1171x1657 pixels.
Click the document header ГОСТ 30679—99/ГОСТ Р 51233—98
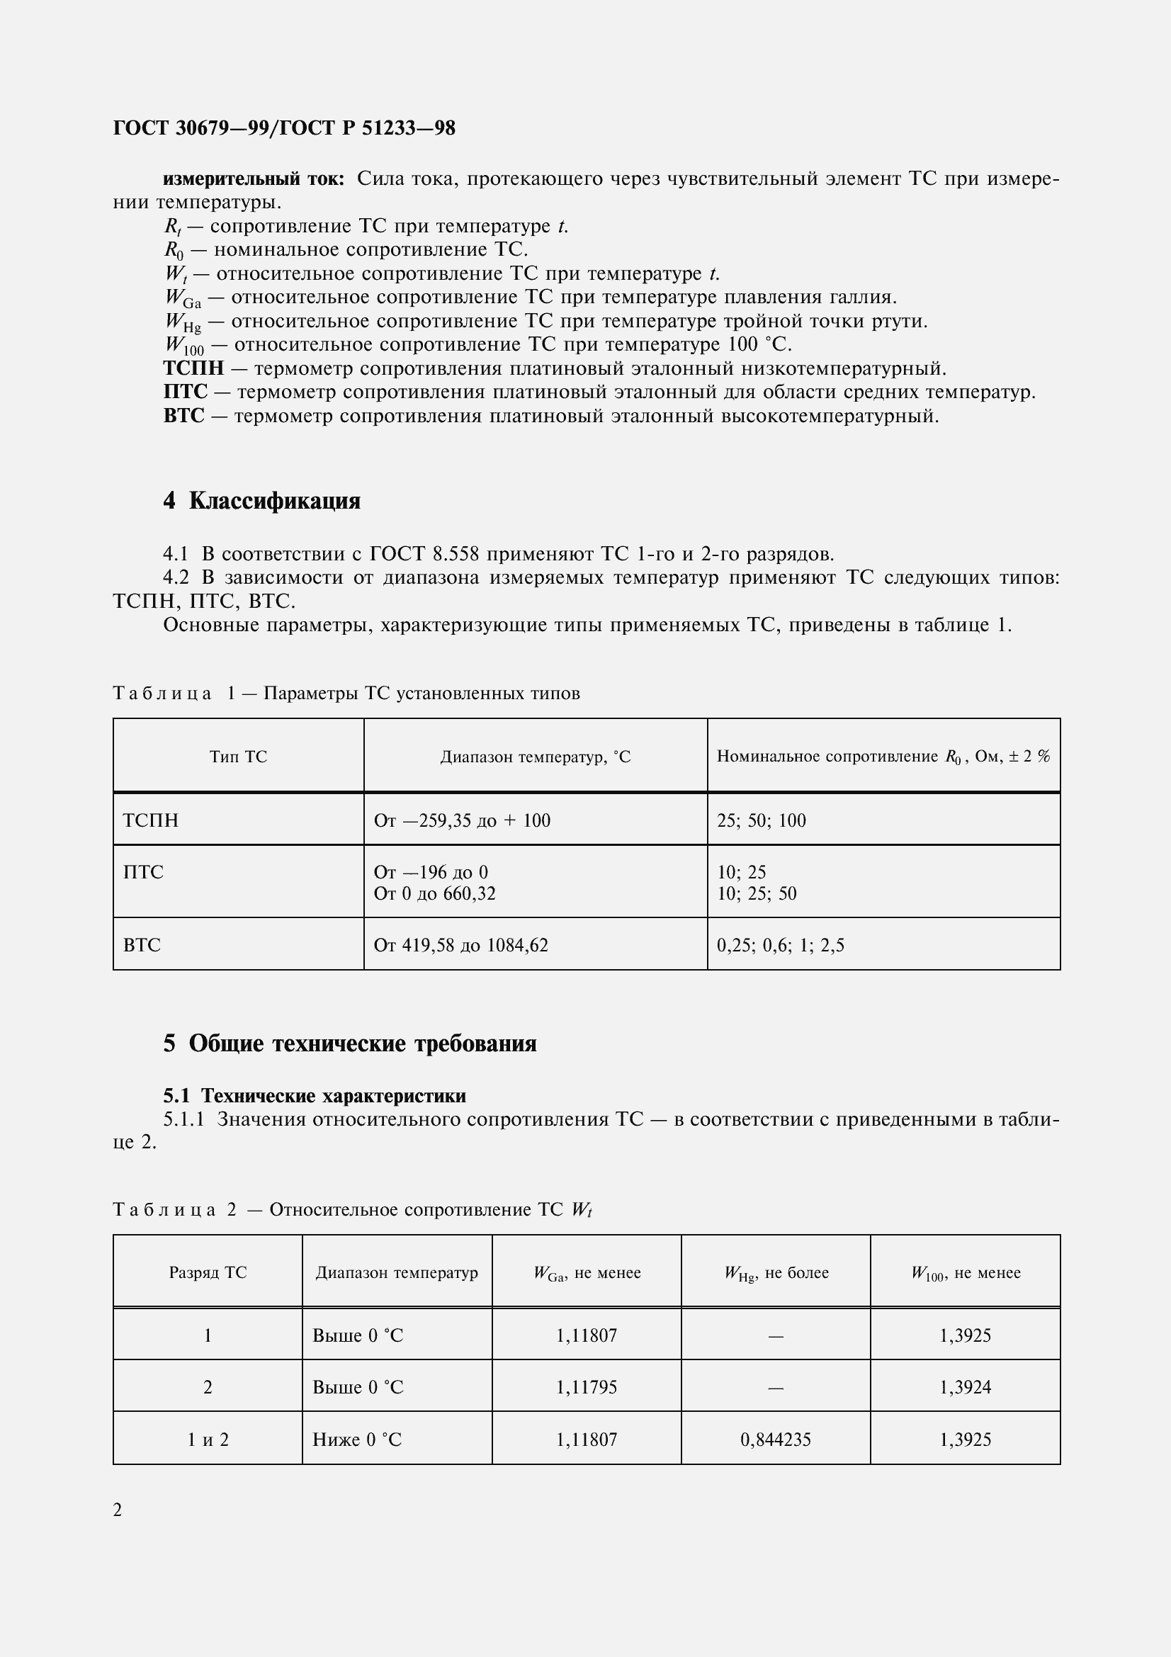point(284,128)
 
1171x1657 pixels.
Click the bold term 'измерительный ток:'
point(254,179)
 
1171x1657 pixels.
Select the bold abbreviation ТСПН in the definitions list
point(193,369)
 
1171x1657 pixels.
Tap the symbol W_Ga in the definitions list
point(183,298)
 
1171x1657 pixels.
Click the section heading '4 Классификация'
point(261,501)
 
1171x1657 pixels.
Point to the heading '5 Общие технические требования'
point(349,1044)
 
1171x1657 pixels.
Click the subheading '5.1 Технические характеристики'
point(315,1095)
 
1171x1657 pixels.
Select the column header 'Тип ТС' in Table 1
point(238,757)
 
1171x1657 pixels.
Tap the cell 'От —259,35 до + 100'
point(462,820)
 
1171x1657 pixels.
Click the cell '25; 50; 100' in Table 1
point(762,820)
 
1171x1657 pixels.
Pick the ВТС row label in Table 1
point(142,945)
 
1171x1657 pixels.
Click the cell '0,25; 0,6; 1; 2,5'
point(780,945)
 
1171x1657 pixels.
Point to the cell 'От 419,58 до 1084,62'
point(460,945)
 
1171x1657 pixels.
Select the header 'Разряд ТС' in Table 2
point(208,1272)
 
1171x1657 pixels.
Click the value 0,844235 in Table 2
point(776,1440)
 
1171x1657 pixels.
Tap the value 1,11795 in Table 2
point(586,1387)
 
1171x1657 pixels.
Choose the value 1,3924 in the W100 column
point(965,1387)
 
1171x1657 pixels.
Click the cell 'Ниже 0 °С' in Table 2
point(356,1440)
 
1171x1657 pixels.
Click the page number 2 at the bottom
point(118,1510)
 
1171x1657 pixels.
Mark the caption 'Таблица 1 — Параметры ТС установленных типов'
point(346,694)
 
